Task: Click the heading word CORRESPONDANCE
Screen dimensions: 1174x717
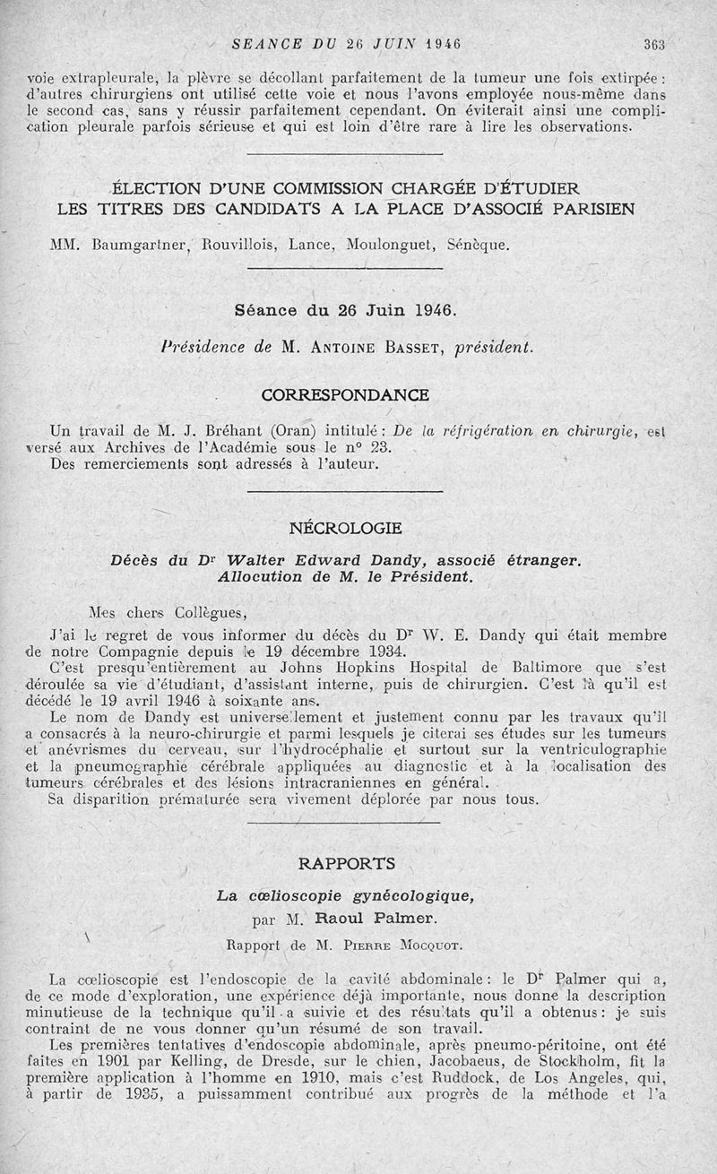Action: [345, 394]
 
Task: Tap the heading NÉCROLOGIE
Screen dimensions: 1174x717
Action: [345, 529]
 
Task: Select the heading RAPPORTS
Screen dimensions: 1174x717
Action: [346, 864]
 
